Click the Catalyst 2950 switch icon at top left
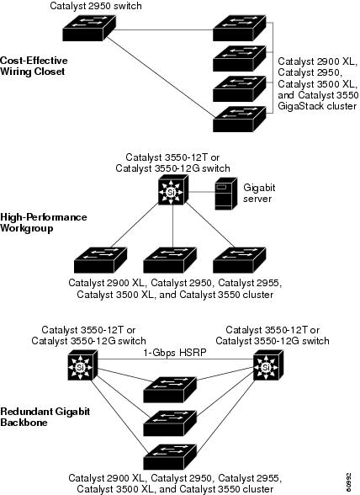point(89,29)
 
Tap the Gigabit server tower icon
point(225,194)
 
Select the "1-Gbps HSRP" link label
point(175,352)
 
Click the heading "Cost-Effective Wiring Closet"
point(34,66)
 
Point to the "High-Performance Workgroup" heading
point(44,222)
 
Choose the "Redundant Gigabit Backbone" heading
point(45,417)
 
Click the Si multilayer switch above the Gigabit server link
point(173,190)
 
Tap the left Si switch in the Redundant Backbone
point(82,365)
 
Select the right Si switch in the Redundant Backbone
point(268,365)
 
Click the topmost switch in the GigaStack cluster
point(240,29)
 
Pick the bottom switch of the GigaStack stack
point(240,119)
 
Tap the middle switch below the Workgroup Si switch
point(170,260)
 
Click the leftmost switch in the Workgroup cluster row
point(101,260)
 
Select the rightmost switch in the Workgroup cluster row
point(240,260)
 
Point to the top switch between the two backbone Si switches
point(170,390)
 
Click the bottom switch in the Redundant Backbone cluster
point(170,457)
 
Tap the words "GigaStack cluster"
point(317,106)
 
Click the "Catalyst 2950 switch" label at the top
point(96,6)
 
